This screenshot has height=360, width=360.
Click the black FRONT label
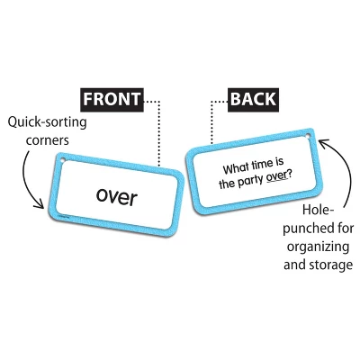point(112,98)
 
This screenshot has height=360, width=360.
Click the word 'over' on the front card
point(117,196)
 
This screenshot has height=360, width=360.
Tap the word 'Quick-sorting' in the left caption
point(41,123)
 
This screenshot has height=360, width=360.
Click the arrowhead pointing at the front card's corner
point(41,205)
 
